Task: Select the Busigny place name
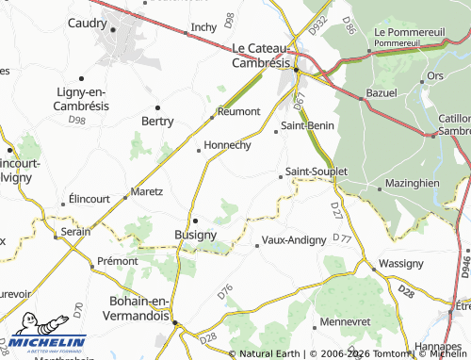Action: click(196, 235)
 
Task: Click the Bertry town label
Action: click(157, 122)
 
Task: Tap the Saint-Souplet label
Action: click(317, 172)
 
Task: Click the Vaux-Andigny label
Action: click(294, 240)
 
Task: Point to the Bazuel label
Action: click(382, 96)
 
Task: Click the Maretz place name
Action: click(147, 191)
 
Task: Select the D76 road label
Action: click(224, 292)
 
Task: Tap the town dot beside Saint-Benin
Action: click(276, 132)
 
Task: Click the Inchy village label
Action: click(203, 27)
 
